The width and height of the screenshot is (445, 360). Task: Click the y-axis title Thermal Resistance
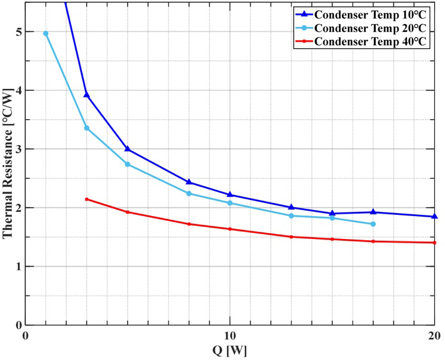point(8,164)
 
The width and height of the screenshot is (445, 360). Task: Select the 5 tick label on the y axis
point(17,32)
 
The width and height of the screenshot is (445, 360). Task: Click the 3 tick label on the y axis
point(17,149)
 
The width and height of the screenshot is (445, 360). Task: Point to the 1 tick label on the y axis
point(17,267)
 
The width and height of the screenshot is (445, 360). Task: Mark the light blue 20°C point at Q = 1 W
point(46,33)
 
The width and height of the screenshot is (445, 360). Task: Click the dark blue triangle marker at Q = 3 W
point(87,95)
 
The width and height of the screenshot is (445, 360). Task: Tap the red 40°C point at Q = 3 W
point(87,199)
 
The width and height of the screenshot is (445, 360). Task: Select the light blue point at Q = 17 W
point(373,224)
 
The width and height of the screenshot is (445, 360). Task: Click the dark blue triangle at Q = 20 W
point(434,216)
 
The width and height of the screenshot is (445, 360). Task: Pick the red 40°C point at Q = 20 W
point(434,243)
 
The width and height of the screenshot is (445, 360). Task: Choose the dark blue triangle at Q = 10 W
point(229,194)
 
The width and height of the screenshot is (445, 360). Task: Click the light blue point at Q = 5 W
point(128,164)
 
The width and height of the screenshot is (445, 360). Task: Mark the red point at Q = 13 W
point(291,237)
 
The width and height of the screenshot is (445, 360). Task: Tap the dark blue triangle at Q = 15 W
point(332,213)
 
